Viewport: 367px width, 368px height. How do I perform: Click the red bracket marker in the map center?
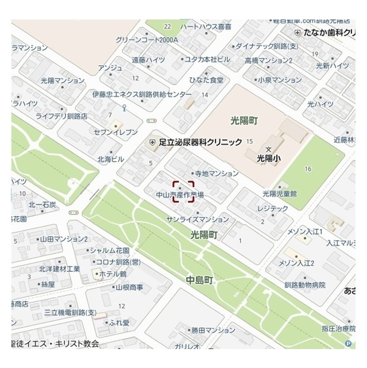pos(184,191)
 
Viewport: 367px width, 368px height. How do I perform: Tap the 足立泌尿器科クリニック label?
pos(200,141)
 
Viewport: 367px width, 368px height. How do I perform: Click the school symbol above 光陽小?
pos(268,148)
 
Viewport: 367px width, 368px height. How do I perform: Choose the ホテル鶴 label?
pos(113,274)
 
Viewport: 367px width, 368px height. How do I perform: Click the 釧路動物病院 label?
pos(304,285)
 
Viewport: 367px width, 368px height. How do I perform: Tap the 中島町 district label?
pos(199,280)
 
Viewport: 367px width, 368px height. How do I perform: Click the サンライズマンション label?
pos(197,220)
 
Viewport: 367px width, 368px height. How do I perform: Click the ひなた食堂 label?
pos(207,79)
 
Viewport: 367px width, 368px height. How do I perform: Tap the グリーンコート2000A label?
pos(146,40)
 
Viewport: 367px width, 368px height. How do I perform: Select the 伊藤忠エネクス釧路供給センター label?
pos(142,94)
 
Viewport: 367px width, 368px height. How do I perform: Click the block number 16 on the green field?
pos(308,168)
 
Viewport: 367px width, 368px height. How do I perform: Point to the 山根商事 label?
pos(129,287)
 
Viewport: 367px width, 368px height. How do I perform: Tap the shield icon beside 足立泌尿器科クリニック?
pos(152,141)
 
